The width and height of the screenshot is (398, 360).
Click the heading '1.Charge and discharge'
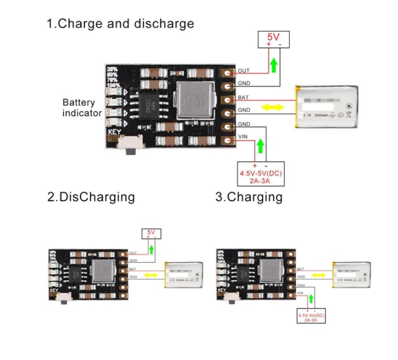click(x=121, y=24)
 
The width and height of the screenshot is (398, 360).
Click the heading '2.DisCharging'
click(x=91, y=197)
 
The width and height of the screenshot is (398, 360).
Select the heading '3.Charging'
click(x=249, y=197)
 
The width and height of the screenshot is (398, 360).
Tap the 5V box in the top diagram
click(x=274, y=41)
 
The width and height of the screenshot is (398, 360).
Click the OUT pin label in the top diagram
click(x=244, y=71)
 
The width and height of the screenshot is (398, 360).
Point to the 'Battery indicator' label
click(x=81, y=108)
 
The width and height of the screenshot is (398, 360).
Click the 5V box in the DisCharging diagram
click(x=151, y=233)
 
